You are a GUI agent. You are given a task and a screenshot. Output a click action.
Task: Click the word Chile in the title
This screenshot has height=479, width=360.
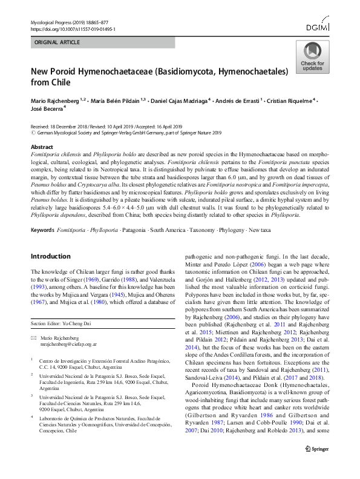click(61, 82)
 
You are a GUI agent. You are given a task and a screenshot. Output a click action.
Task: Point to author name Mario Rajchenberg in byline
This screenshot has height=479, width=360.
click(56, 99)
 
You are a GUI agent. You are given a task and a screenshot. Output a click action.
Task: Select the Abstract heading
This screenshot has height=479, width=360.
click(42, 147)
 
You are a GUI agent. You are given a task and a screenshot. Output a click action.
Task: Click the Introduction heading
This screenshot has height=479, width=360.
click(50, 256)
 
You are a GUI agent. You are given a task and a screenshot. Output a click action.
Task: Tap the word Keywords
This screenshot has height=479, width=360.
click(42, 231)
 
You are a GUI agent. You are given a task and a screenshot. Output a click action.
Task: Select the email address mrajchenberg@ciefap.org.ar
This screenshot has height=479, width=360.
click(68, 343)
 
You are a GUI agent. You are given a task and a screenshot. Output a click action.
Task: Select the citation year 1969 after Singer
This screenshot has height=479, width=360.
click(106, 280)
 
